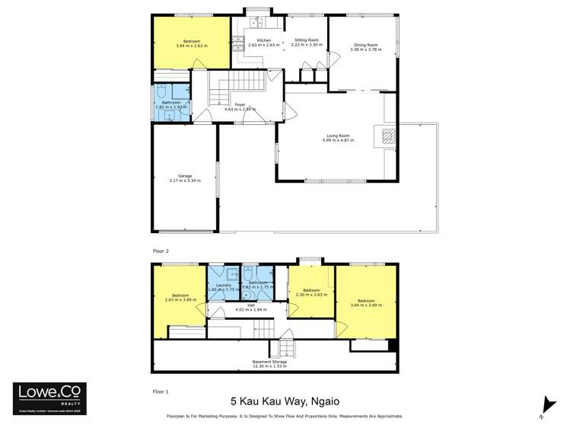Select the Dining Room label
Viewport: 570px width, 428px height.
[x=364, y=46]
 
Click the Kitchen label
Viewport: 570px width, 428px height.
[x=263, y=42]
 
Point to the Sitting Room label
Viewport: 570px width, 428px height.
[x=306, y=42]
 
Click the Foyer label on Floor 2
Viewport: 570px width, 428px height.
[x=240, y=107]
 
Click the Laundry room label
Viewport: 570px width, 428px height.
[x=224, y=287]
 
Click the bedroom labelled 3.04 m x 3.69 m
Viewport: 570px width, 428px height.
[x=365, y=302]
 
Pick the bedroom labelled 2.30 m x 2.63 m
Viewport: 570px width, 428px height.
[x=310, y=292]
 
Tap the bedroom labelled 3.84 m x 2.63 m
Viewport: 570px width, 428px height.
[x=192, y=43]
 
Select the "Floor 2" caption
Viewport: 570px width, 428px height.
[x=160, y=250]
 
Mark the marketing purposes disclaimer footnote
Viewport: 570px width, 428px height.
[x=284, y=417]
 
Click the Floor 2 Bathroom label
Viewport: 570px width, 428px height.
[x=170, y=104]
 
